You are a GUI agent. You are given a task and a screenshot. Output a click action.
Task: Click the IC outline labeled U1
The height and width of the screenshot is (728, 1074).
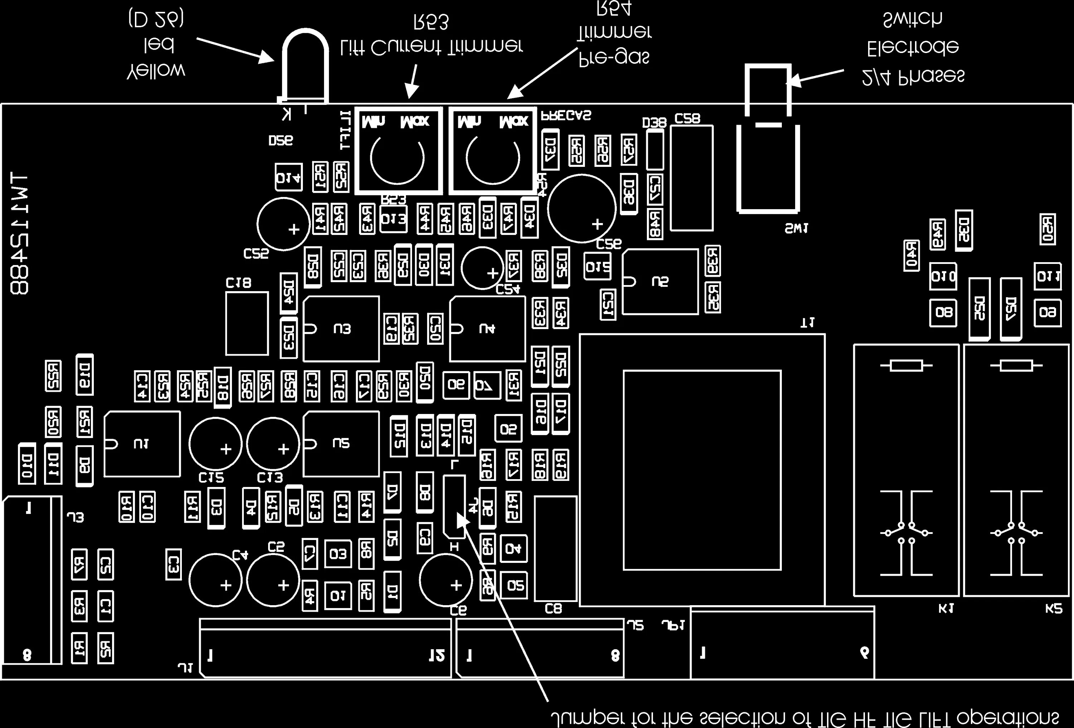coord(142,444)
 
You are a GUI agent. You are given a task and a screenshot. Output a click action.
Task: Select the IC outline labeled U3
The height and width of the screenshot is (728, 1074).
coord(341,329)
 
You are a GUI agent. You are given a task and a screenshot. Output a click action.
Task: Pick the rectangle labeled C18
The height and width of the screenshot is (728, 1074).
coord(247,324)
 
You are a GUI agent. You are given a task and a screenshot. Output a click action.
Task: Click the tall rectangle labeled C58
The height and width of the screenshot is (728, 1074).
coord(691,178)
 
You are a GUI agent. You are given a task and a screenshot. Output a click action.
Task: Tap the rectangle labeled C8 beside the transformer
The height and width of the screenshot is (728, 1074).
coord(556,549)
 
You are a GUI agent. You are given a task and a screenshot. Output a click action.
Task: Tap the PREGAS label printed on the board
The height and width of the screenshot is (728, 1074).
coord(566,116)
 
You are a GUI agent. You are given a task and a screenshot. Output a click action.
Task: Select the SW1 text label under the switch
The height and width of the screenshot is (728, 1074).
coord(796,228)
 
